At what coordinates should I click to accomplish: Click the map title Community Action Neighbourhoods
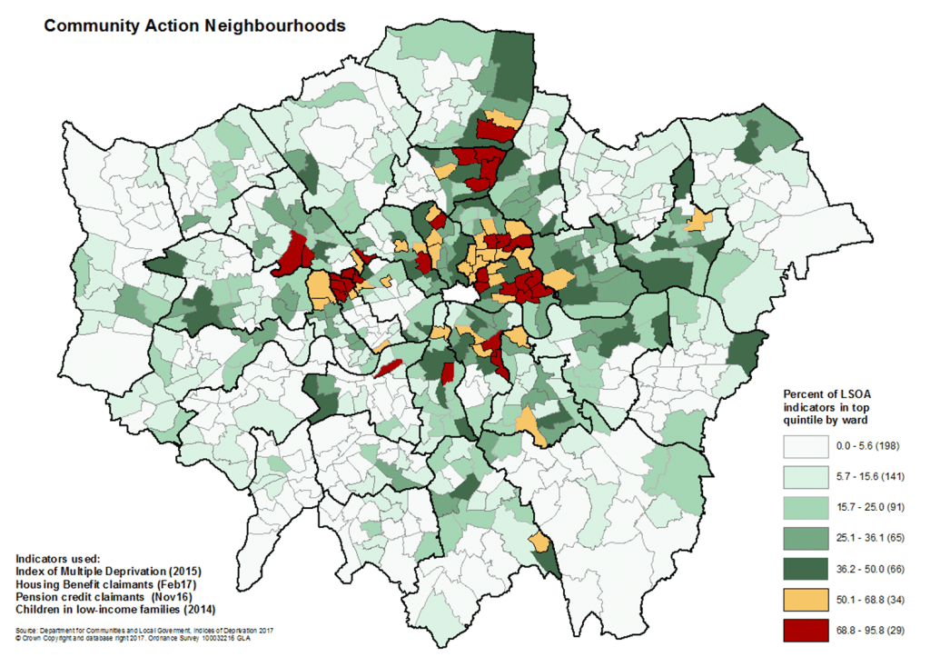coord(194,26)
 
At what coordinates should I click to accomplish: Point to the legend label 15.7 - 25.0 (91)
coord(867,506)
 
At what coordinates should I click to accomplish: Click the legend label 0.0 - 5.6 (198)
coord(867,447)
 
